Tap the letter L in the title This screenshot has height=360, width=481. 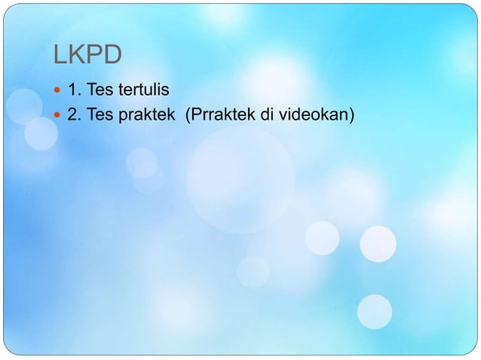pos(59,56)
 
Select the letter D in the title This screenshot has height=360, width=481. pos(113,56)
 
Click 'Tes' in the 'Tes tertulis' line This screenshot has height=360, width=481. pos(100,92)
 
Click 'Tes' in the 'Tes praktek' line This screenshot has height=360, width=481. pos(100,114)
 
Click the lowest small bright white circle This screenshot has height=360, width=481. pos(375,311)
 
